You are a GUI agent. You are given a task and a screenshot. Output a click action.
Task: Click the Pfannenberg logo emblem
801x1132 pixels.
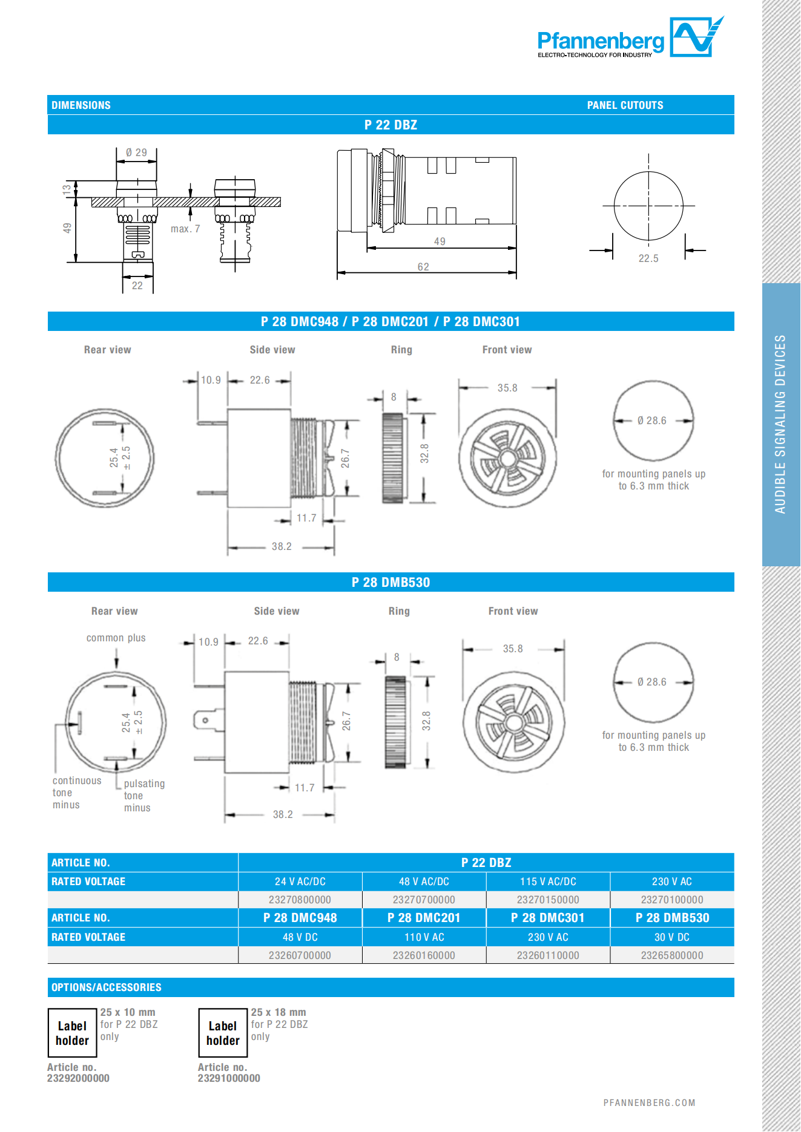695,37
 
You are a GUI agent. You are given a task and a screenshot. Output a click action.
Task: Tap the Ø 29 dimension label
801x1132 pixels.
136,152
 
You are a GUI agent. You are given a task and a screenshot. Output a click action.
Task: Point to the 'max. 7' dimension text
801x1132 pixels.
185,229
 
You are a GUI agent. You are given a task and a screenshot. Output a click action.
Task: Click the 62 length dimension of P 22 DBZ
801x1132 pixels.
423,267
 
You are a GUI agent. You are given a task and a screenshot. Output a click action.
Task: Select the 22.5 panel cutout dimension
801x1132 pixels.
648,258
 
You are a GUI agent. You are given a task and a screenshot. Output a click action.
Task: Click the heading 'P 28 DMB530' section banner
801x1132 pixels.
391,582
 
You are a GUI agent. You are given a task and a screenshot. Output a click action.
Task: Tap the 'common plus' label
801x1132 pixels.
116,638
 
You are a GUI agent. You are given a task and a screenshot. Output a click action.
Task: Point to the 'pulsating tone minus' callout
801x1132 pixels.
143,796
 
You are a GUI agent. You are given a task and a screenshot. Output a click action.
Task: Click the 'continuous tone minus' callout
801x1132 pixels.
76,793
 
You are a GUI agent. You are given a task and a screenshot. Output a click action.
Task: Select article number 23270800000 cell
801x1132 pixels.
300,900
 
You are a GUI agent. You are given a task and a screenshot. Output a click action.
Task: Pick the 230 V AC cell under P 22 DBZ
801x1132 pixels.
671,882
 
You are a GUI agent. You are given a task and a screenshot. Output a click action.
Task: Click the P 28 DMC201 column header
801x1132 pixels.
424,918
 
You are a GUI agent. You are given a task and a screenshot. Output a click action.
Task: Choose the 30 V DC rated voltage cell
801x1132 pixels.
671,937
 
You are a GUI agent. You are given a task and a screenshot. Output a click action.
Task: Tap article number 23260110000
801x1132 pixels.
548,955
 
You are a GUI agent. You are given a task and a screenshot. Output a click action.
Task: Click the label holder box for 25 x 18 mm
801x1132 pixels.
223,1033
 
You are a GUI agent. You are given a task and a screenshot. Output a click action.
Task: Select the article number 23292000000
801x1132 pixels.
78,1078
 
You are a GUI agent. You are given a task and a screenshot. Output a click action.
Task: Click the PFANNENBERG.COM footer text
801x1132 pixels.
649,1103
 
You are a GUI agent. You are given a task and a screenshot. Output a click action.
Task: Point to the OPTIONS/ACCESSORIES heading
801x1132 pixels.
107,987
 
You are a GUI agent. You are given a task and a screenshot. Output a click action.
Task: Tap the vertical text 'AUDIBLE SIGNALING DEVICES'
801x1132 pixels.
780,424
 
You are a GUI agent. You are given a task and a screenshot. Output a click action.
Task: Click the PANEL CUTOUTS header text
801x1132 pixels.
625,105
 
